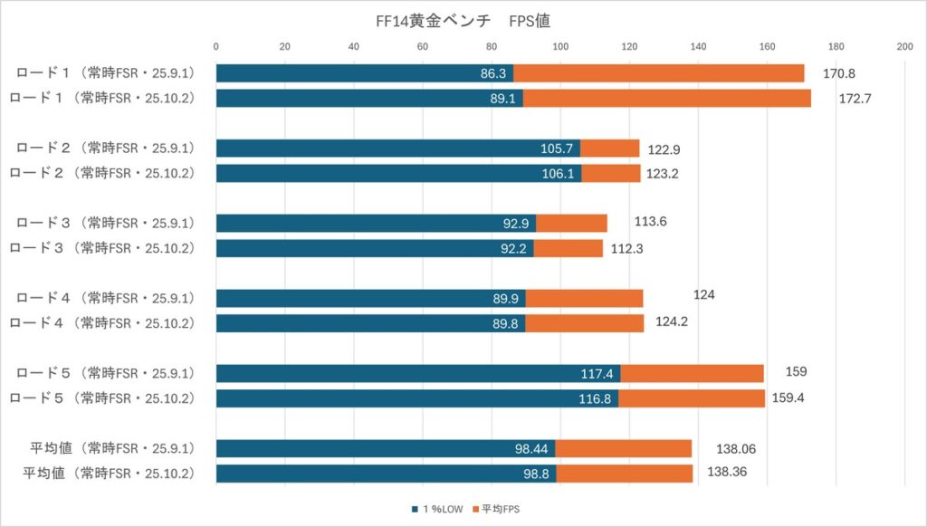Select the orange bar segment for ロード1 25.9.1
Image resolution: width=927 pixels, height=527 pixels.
659,73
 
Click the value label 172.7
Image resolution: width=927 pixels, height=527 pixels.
855,99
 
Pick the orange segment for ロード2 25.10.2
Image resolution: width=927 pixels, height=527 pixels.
611,174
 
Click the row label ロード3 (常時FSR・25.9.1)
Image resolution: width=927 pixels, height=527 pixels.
113,223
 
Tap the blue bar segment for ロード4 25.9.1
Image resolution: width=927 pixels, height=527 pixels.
370,298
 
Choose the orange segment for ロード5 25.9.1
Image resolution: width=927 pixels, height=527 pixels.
692,373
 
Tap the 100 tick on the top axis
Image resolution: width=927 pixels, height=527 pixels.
560,47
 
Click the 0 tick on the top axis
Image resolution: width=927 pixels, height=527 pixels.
216,47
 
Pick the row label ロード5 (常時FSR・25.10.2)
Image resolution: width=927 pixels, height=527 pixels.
113,398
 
